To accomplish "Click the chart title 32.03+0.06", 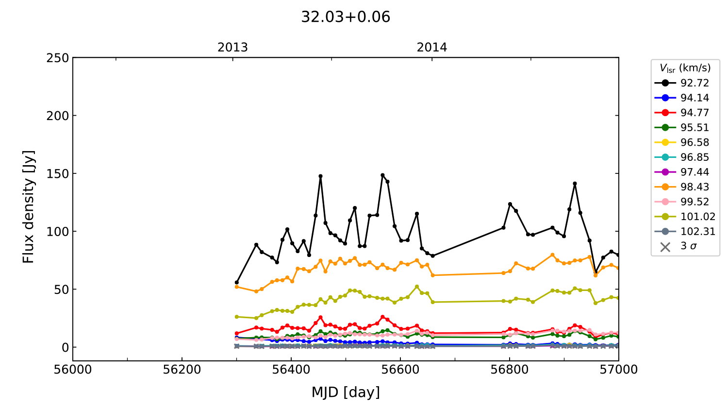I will click(x=346, y=17).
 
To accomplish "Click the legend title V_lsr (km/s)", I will click(x=685, y=68).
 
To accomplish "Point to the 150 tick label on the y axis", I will click(x=58, y=173).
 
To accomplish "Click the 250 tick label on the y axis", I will click(x=58, y=58).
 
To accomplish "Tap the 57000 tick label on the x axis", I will click(x=618, y=370).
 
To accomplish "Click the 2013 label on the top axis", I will click(x=232, y=48).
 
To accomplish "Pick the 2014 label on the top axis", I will click(x=432, y=48).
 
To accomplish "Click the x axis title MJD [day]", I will click(x=346, y=392).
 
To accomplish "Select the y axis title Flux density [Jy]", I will click(x=29, y=207).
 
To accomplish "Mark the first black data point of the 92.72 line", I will click(x=237, y=282).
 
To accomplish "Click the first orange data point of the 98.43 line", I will click(x=237, y=287).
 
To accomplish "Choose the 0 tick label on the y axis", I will click(x=65, y=347).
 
